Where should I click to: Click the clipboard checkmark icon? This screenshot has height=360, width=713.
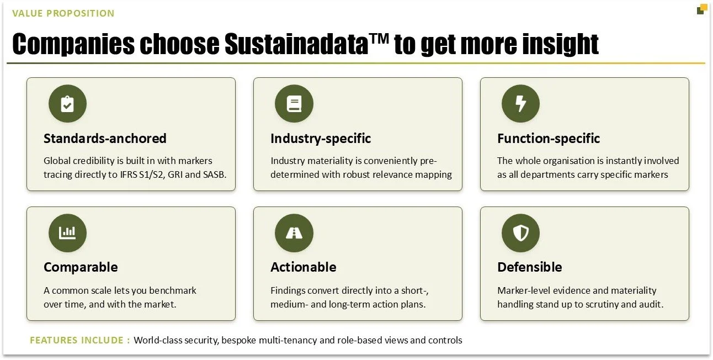pos(67,104)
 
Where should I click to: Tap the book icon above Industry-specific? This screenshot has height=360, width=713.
pos(294,104)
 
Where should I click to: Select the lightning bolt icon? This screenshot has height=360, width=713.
pos(521,104)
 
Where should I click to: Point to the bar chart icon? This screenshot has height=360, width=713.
pos(67,233)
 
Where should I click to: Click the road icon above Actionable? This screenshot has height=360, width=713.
pos(294,233)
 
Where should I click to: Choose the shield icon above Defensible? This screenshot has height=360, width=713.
pos(521,233)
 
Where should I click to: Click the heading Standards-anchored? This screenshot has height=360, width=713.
pos(105,139)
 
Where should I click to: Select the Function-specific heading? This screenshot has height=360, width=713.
pos(549,139)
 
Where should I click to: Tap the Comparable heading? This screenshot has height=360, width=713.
pos(81,267)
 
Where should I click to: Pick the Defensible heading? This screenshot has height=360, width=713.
pos(530,267)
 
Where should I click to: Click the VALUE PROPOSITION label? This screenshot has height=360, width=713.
pos(63,13)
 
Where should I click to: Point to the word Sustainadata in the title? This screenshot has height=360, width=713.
pos(296,44)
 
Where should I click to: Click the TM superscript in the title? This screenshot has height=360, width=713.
pos(379,39)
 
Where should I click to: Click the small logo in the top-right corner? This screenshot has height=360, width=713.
pos(701,10)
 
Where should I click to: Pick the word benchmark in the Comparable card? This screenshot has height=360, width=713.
pos(173,290)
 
